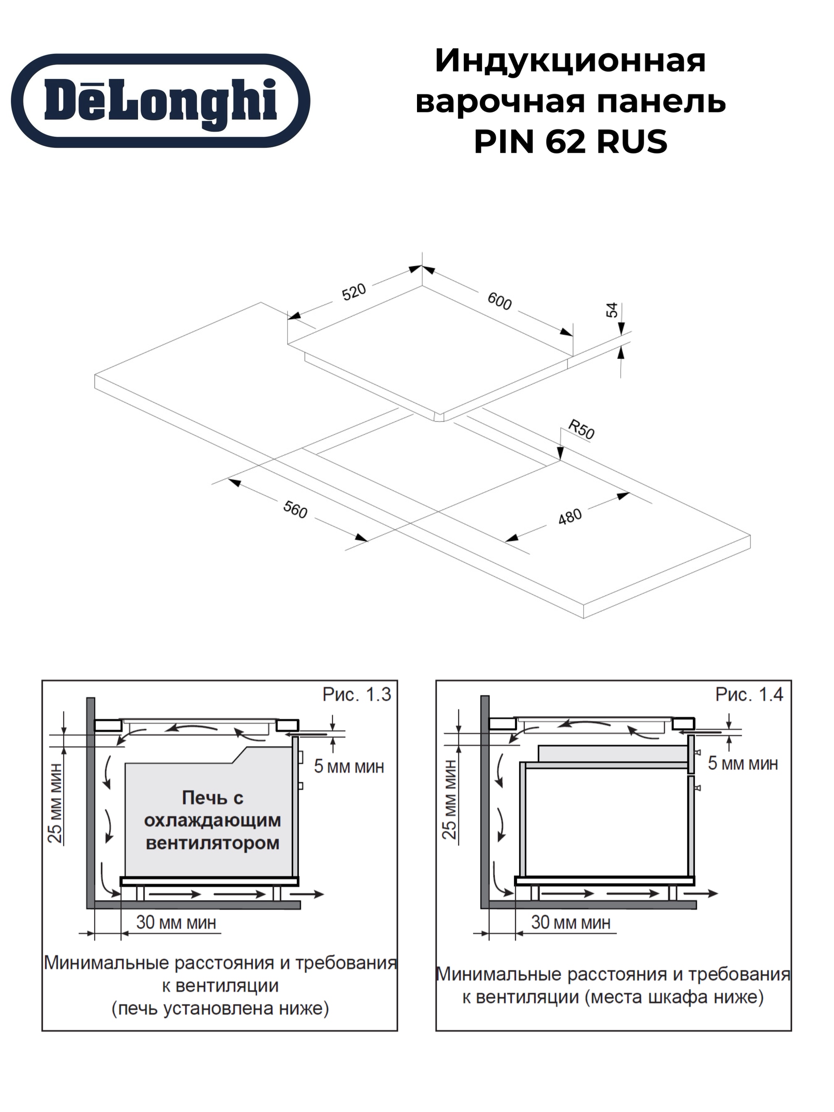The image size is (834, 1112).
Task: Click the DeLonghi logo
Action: (160, 101)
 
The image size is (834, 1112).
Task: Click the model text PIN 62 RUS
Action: (571, 142)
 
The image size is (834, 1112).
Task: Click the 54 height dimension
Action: (611, 310)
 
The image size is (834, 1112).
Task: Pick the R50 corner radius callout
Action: (582, 430)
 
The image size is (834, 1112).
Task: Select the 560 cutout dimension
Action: (295, 510)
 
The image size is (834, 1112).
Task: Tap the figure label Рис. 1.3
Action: (357, 695)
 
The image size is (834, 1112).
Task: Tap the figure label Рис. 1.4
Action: (749, 695)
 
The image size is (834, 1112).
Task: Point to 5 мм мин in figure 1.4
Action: (743, 763)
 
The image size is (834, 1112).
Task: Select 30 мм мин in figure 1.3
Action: (176, 922)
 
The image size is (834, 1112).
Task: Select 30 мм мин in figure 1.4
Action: (571, 922)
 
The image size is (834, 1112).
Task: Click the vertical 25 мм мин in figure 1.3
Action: (55, 803)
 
